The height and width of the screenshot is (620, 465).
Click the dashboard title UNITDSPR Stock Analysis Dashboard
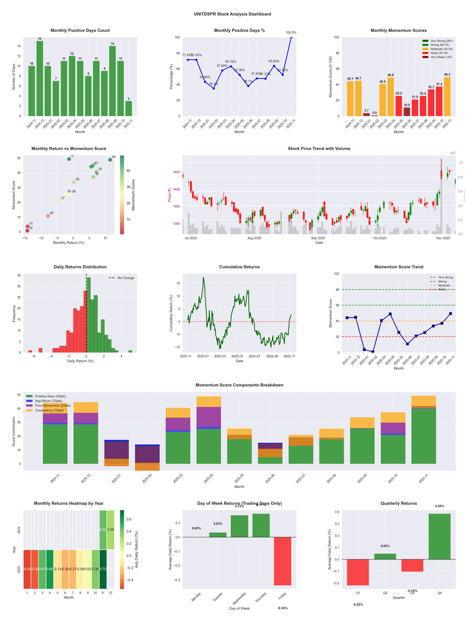coord(233,13)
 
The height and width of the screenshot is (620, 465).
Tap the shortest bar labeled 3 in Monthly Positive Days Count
coord(128,108)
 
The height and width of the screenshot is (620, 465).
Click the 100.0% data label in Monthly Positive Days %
coord(291,33)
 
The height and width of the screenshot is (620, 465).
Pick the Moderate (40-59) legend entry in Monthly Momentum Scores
coord(437,49)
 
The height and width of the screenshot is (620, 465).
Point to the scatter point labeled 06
coord(48,216)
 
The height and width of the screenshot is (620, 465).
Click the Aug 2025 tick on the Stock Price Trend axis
coord(254,238)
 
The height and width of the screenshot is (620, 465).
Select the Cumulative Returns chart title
coord(239,266)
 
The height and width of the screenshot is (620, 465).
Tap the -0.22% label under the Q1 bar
coord(358,604)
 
